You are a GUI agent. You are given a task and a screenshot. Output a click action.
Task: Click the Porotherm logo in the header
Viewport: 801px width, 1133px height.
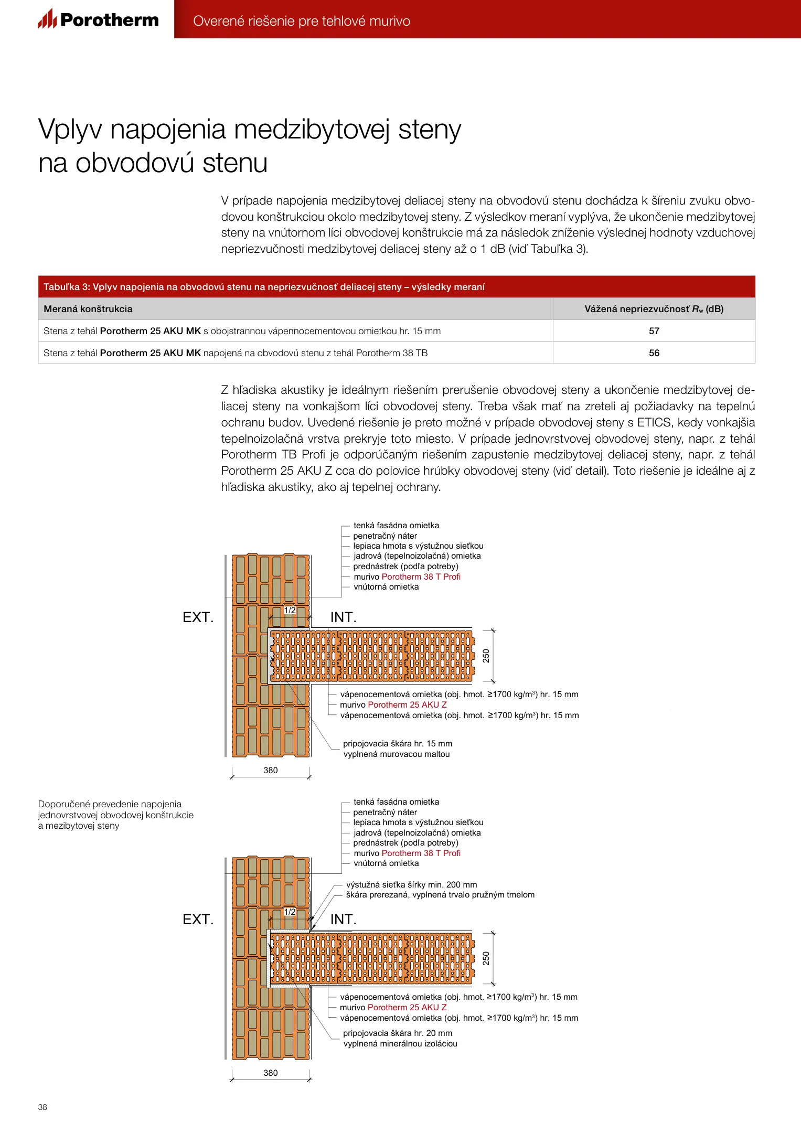[98, 20]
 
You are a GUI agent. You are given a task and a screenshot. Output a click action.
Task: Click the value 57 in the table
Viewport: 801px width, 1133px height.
[654, 331]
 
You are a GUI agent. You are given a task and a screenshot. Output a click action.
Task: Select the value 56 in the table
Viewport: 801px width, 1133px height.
[654, 353]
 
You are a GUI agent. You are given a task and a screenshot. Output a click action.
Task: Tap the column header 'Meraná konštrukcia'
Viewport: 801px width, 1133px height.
[88, 309]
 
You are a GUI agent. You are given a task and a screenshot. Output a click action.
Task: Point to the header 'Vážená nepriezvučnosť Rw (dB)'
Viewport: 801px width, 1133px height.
[654, 309]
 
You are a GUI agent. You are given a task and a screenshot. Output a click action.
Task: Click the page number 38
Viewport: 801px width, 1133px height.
[42, 1107]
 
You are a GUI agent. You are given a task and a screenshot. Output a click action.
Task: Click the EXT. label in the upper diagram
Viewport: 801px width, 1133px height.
[198, 617]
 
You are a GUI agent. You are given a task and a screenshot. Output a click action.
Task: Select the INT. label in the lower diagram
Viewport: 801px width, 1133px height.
[343, 920]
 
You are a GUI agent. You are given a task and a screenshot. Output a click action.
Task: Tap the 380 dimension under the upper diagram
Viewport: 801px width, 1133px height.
[271, 770]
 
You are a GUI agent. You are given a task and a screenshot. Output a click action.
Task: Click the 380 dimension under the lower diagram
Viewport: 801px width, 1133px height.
[271, 1073]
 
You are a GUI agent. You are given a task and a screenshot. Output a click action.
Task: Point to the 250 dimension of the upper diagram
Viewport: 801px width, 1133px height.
[486, 656]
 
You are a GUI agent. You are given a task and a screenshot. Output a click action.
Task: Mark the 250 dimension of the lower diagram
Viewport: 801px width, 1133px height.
[486, 958]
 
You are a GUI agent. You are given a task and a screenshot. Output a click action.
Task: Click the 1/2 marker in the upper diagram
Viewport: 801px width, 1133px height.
[290, 610]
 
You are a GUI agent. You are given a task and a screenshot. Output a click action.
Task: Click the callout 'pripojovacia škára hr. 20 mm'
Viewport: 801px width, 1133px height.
[397, 1033]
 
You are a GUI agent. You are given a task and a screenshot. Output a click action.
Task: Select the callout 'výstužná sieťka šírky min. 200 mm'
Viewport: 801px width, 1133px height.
[411, 884]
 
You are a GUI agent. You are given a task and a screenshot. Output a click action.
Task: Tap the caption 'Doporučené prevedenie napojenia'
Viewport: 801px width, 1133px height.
[110, 804]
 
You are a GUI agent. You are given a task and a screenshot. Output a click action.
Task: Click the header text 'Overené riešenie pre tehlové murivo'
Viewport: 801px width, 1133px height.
[302, 21]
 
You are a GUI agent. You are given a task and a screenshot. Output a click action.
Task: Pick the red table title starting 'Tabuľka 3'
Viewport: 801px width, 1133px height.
[264, 287]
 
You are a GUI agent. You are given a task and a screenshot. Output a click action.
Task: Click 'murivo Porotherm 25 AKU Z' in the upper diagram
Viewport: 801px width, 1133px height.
[393, 704]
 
